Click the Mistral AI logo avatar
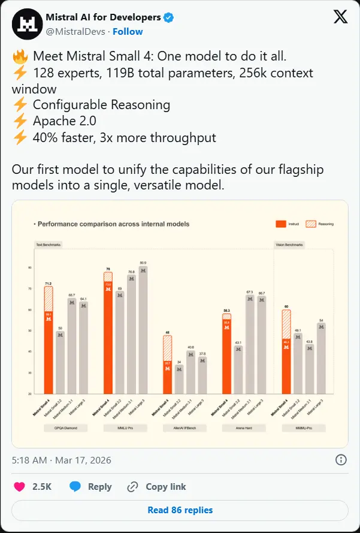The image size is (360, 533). [x=27, y=23]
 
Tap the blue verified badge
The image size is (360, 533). [x=169, y=17]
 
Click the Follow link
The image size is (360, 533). [x=128, y=31]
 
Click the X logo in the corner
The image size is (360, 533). [x=340, y=17]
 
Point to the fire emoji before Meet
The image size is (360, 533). [x=20, y=58]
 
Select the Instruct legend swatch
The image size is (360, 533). [x=280, y=224]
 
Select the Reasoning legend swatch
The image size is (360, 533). [x=311, y=224]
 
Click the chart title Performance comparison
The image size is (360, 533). [x=113, y=224]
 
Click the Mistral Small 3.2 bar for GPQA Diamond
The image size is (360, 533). [x=60, y=362]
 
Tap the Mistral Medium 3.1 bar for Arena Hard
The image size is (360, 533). [x=250, y=344]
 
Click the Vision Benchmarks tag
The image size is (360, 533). [x=289, y=245]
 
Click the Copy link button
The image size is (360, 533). [x=157, y=486]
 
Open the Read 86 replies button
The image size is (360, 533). [x=180, y=510]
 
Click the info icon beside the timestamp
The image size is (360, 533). [x=340, y=460]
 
